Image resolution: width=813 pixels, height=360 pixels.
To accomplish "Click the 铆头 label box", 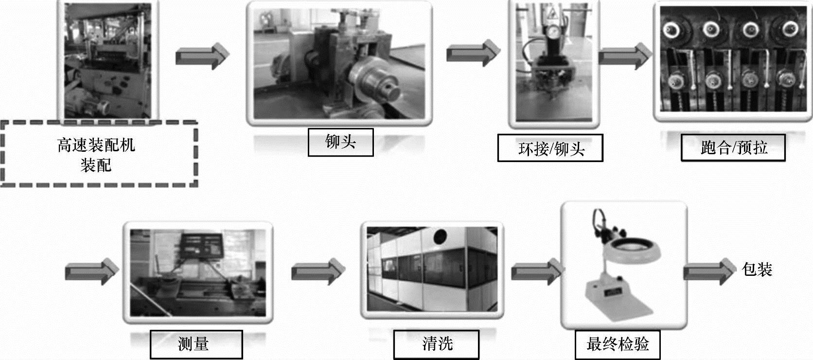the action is tap(340, 142).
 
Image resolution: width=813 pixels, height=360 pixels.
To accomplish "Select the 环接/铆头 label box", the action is tap(550, 148).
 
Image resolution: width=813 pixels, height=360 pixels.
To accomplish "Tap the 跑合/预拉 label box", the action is tap(733, 147).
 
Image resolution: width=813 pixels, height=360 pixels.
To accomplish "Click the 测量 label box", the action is tap(195, 344).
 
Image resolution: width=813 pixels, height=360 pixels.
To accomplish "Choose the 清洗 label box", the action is tap(436, 344).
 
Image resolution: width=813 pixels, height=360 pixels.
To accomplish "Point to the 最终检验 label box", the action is tap(617, 344).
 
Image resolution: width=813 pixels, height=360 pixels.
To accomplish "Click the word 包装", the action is tap(757, 269).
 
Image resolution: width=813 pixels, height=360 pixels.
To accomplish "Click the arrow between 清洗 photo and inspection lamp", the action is tap(537, 271).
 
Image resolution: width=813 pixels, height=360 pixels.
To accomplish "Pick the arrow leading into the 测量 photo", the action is tap(92, 271).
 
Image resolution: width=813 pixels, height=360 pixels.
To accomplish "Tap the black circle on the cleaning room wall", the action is tap(440, 237).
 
